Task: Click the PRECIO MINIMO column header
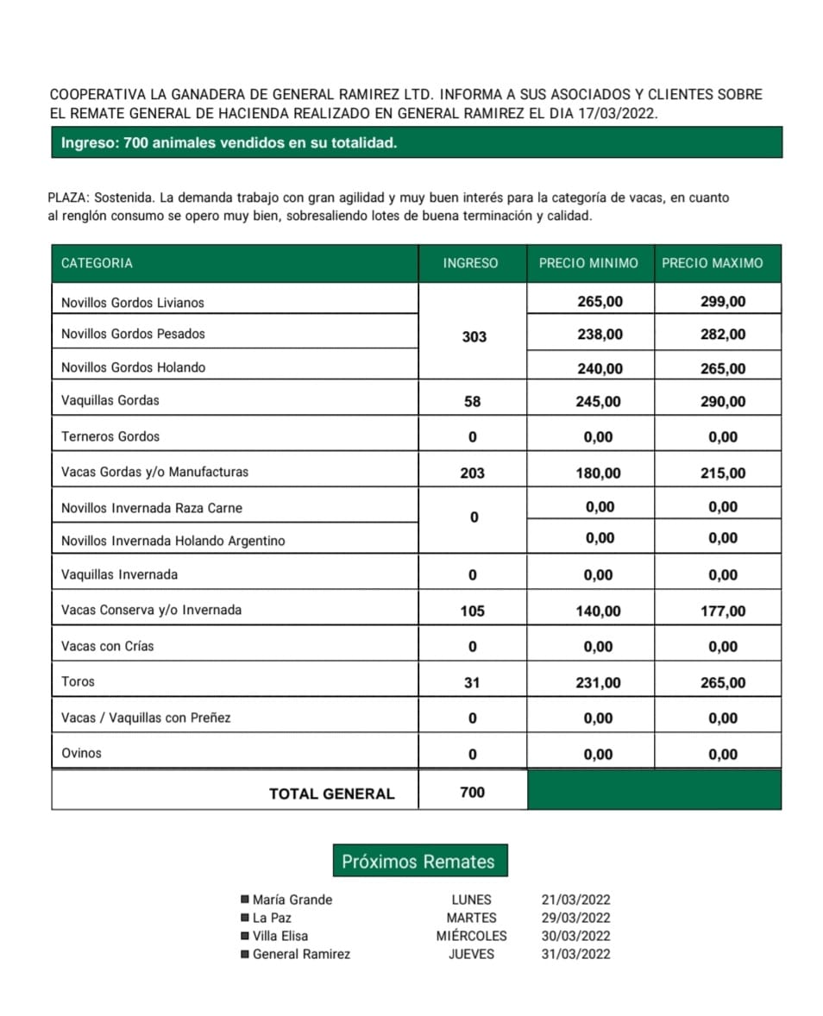tap(588, 263)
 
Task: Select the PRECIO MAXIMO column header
tap(712, 263)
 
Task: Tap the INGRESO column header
tap(470, 263)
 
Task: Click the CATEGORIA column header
tap(97, 263)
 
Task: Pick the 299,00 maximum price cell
tap(723, 301)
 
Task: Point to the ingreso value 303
tap(474, 336)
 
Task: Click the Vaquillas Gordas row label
tap(110, 400)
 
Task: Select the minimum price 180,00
tap(599, 473)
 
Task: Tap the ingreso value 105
tap(472, 611)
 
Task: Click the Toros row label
tap(79, 681)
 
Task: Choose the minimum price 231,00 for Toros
tap(599, 682)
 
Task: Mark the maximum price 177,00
tap(723, 611)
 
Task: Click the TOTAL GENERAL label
tap(331, 793)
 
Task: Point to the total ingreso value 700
tap(472, 792)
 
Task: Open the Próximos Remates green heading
tap(419, 861)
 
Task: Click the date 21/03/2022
tap(575, 900)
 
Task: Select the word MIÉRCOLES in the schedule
tap(471, 936)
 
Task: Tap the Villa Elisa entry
tap(280, 936)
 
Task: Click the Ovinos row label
tap(81, 753)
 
